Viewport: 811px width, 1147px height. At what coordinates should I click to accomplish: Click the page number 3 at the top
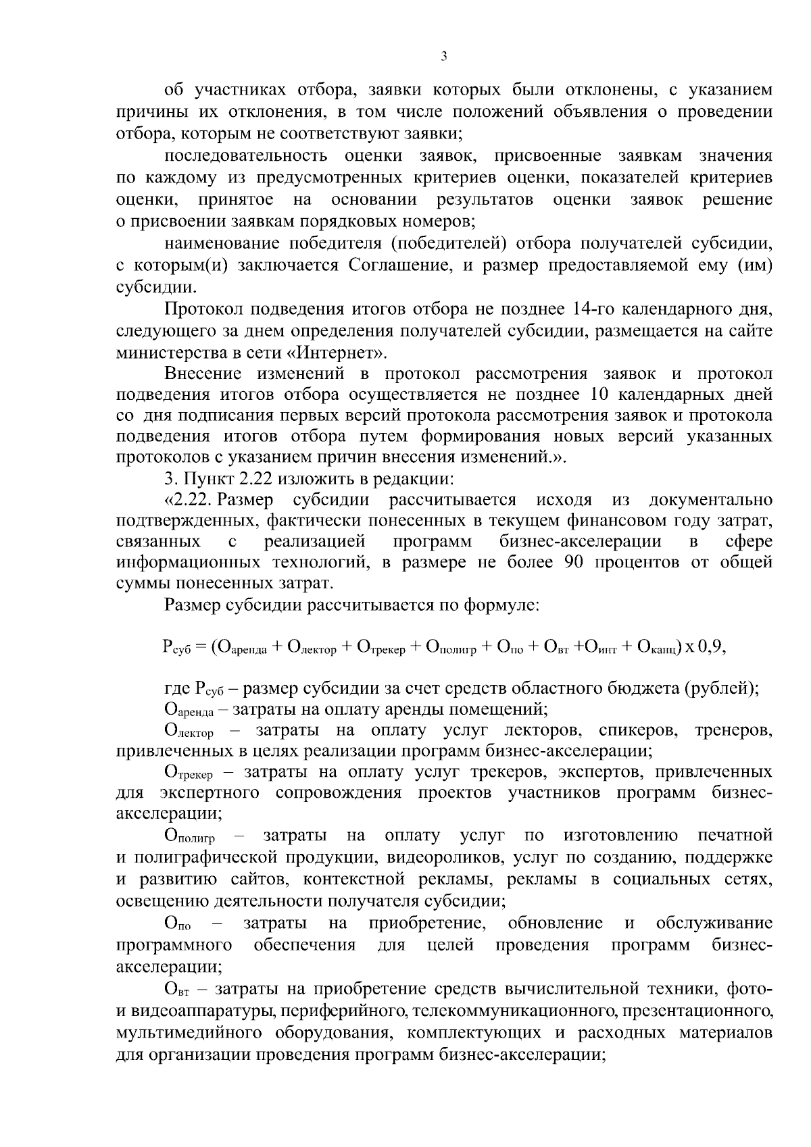[x=443, y=57]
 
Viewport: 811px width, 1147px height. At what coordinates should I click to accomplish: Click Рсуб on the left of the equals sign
[x=177, y=647]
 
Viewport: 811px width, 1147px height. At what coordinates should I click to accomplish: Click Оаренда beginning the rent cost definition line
[x=189, y=710]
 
